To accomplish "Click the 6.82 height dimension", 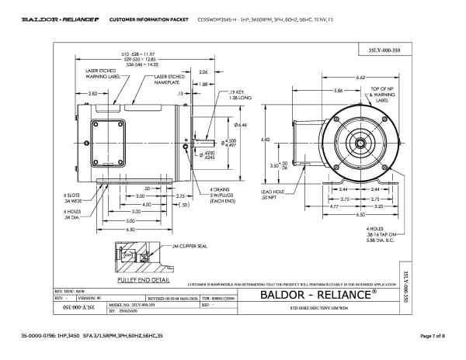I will click(x=287, y=140).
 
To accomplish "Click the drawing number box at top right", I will click(x=381, y=50).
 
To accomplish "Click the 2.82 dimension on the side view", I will click(x=92, y=93).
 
